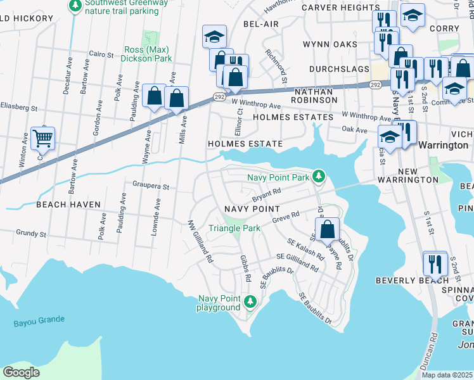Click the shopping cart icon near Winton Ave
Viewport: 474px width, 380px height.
(x=42, y=137)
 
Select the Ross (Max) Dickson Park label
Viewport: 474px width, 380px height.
(x=148, y=54)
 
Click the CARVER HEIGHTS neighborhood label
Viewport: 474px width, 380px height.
(x=340, y=8)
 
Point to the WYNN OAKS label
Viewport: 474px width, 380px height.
(x=330, y=44)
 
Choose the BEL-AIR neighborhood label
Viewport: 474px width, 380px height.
(x=261, y=23)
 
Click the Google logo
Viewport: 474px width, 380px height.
(x=22, y=372)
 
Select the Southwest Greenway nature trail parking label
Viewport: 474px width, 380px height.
(x=118, y=6)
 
